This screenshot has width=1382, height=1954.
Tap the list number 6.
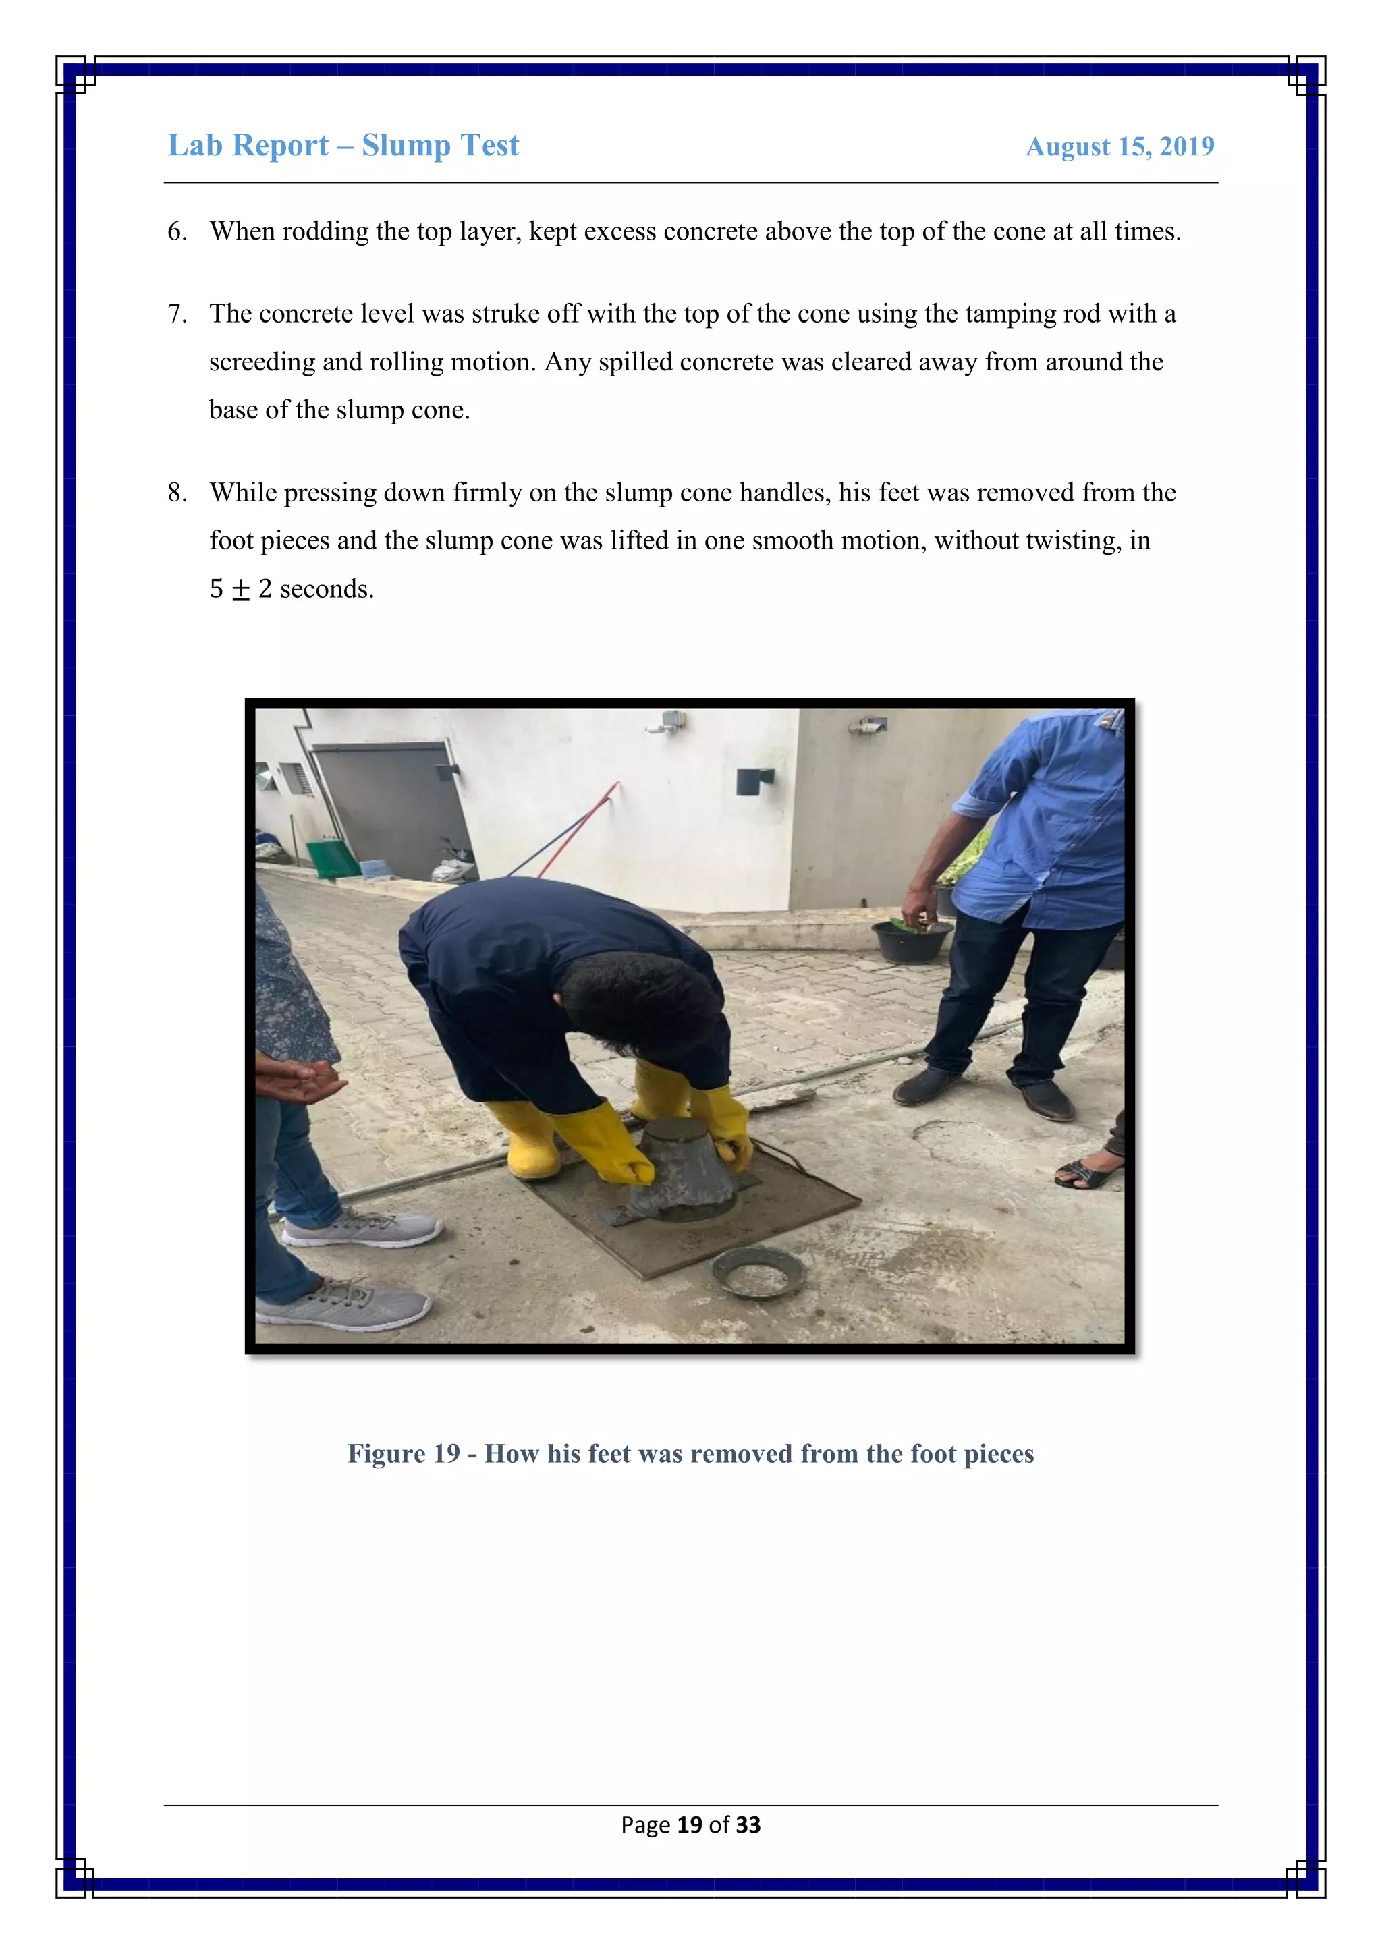pyautogui.click(x=176, y=231)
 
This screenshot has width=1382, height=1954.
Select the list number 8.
pyautogui.click(x=176, y=493)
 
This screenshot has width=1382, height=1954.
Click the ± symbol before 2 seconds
pyautogui.click(x=241, y=590)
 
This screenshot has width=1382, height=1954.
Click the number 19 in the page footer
pyautogui.click(x=689, y=1824)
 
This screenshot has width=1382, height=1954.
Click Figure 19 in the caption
pyautogui.click(x=404, y=1453)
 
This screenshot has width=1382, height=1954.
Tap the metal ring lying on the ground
pyautogui.click(x=756, y=1273)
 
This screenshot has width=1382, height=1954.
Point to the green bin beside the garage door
pyautogui.click(x=333, y=859)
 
